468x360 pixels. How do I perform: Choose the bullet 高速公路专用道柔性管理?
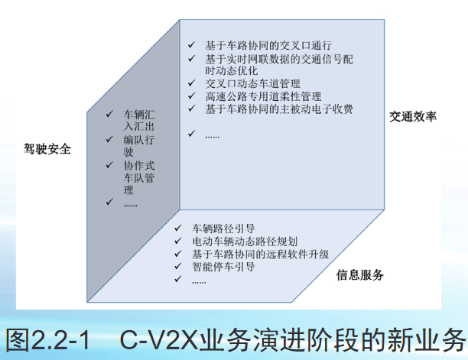[263, 96]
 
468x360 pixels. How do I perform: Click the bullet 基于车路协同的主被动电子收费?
[279, 109]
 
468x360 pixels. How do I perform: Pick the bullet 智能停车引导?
[223, 268]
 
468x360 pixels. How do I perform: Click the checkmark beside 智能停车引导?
[178, 268]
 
